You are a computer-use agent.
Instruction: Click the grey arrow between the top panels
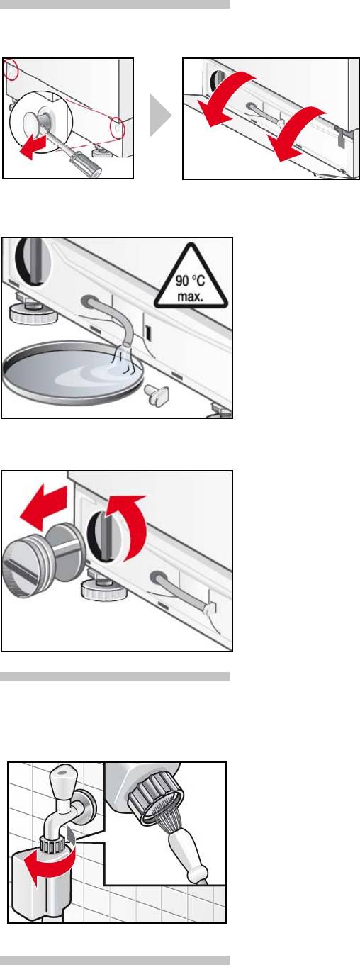[x=159, y=116]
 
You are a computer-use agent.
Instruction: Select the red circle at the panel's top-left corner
[x=11, y=69]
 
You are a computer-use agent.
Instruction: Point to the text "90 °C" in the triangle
[x=189, y=281]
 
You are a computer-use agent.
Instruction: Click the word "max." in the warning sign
[x=190, y=297]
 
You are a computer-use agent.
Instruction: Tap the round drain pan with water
[x=72, y=372]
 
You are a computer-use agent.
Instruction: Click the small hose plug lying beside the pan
[x=157, y=393]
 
